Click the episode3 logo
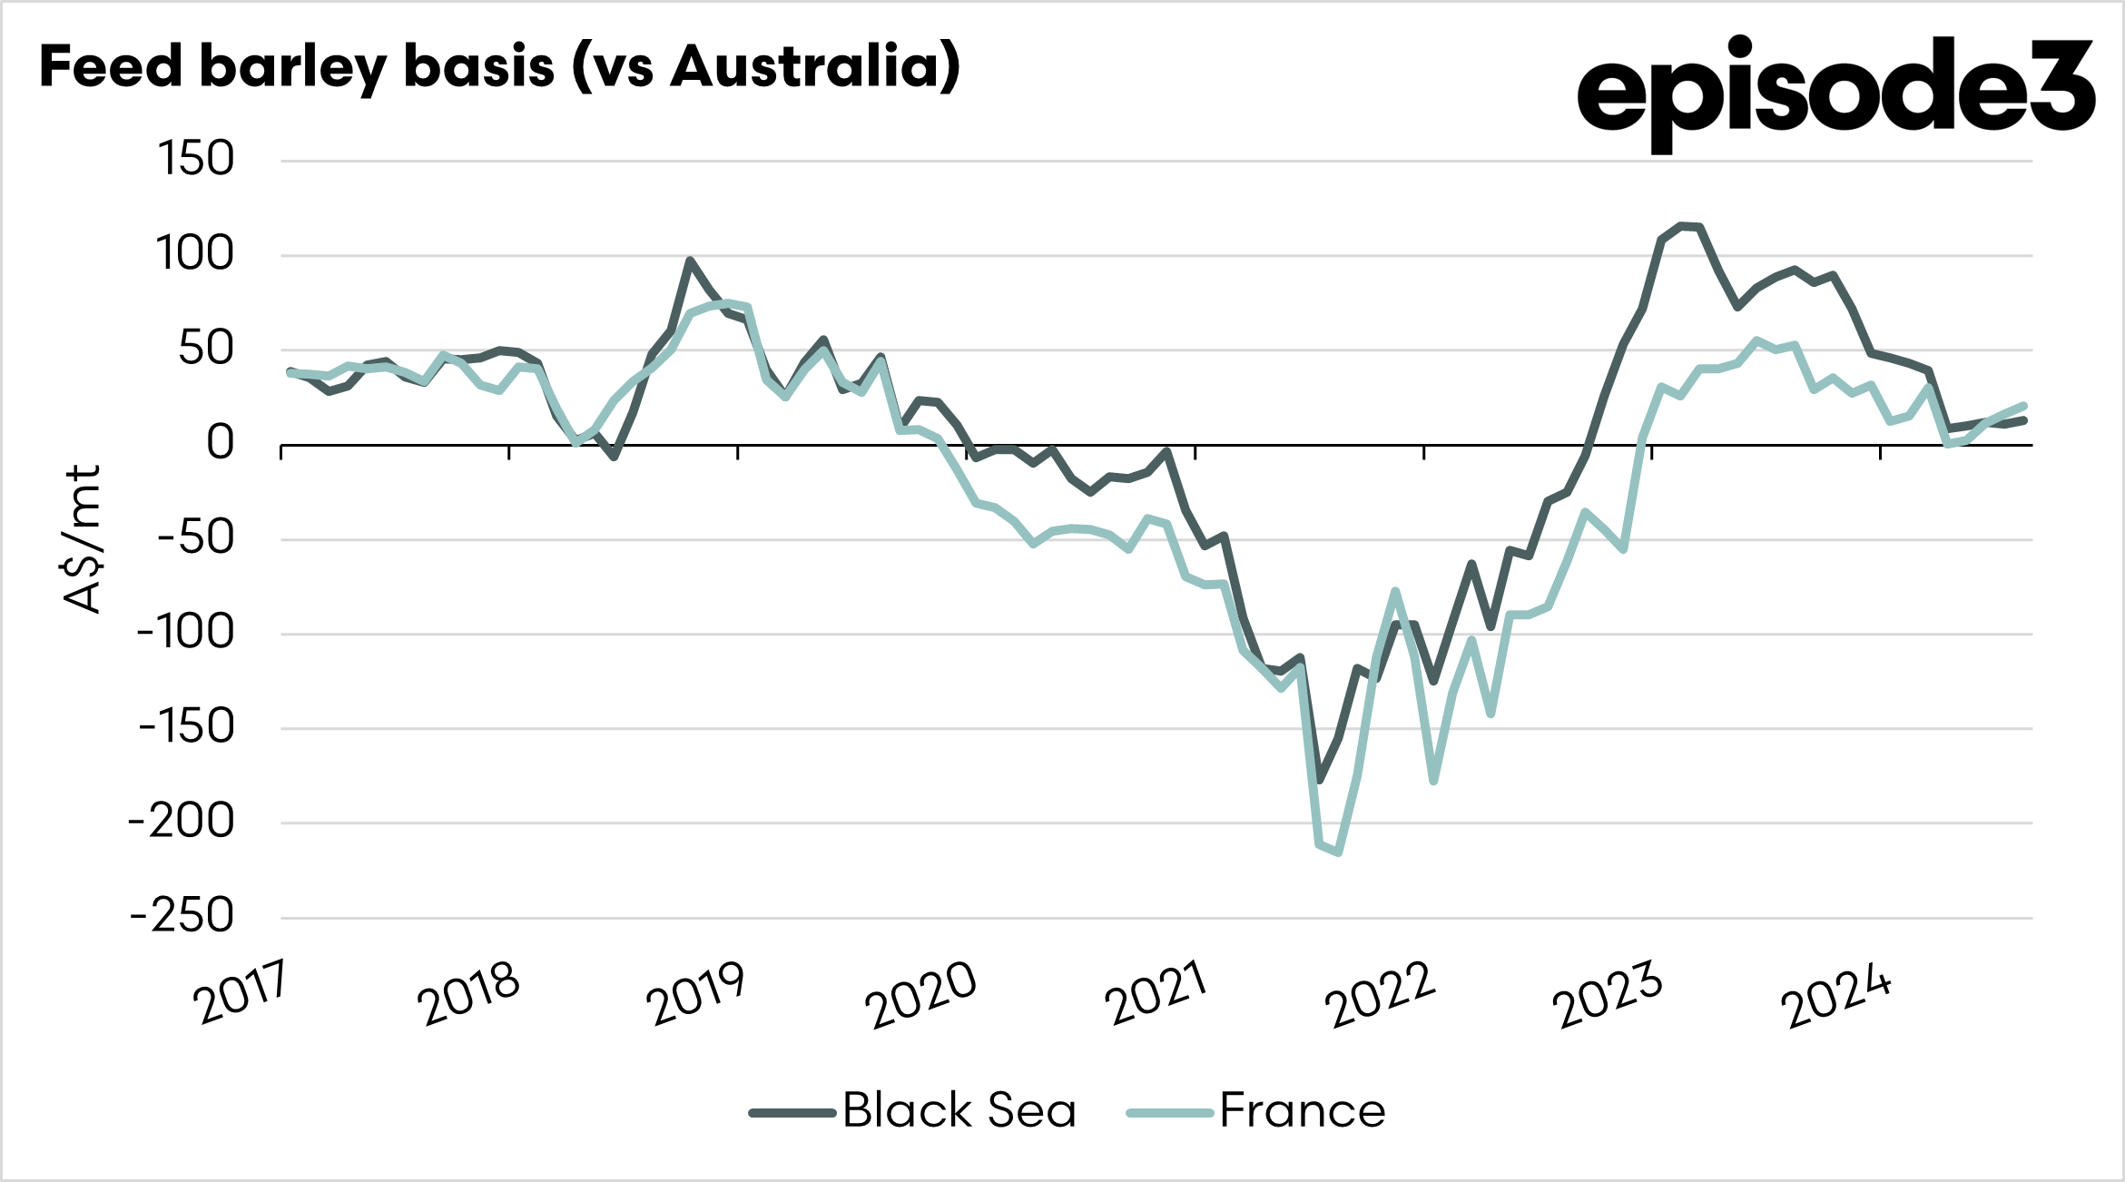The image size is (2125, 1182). tap(1835, 92)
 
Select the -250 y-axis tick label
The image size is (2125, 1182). tap(182, 916)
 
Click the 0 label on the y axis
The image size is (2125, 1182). tap(221, 443)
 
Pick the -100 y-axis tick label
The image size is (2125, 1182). tap(186, 632)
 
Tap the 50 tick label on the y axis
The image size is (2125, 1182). tap(207, 349)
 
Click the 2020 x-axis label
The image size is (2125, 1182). tap(921, 994)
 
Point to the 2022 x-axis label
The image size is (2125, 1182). tap(1380, 994)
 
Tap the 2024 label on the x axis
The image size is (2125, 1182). tap(1835, 997)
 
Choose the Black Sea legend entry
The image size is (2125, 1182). tap(912, 1110)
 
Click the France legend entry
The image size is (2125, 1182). tap(1257, 1110)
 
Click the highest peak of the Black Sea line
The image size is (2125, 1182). tap(1681, 225)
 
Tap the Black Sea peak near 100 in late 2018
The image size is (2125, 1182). tap(690, 260)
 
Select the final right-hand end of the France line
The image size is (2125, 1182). tap(2024, 406)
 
